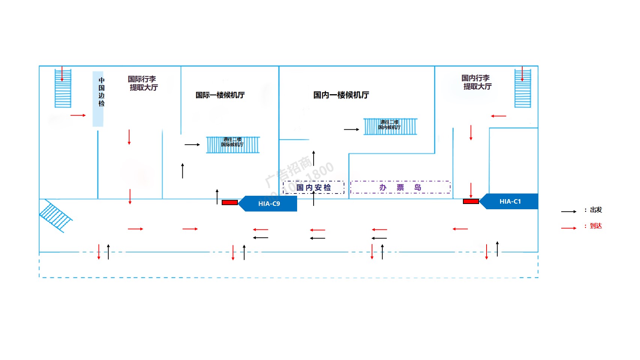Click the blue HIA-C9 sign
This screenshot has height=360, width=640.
268,204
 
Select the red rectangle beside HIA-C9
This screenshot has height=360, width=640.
230,202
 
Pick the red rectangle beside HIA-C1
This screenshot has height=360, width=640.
471,201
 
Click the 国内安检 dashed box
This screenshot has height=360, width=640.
314,187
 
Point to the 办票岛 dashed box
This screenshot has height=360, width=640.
400,187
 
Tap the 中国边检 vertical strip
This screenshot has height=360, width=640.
98,99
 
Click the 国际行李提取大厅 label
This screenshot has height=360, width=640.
143,83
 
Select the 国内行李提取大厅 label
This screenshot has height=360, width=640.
476,82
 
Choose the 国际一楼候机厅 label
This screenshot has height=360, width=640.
220,95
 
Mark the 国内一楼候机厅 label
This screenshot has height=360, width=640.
341,95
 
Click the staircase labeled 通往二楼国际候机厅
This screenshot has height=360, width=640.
233,145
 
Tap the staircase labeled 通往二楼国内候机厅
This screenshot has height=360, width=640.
390,126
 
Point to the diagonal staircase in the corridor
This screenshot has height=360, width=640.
55,216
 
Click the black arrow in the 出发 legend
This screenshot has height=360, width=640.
569,211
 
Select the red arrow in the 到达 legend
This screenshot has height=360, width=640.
569,228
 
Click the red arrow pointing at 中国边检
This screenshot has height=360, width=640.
78,115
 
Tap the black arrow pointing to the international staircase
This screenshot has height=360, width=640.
192,144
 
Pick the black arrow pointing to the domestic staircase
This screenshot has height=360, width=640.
352,129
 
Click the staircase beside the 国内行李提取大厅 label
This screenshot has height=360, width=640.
523,88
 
